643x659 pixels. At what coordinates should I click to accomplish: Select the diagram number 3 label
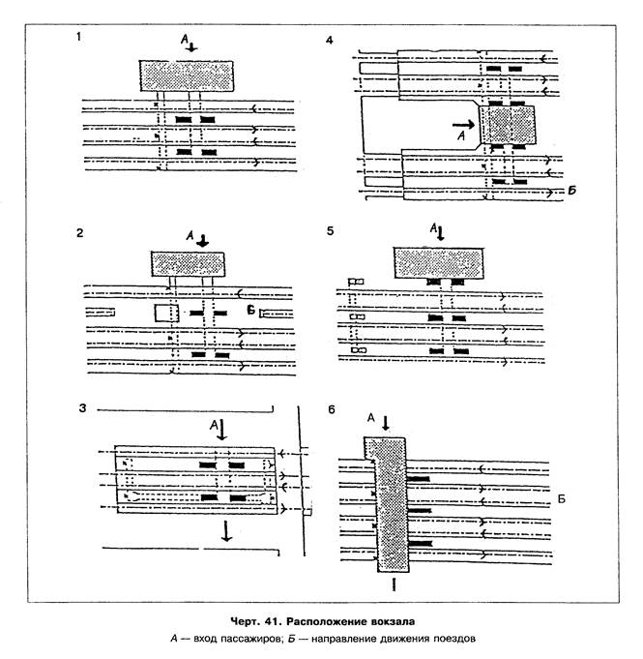(x=84, y=408)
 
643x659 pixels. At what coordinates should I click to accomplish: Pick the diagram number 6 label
(x=332, y=409)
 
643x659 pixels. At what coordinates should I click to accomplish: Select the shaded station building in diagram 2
(x=188, y=263)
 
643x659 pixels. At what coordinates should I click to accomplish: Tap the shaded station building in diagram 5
(x=439, y=261)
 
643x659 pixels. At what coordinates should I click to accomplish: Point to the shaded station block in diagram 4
(x=508, y=124)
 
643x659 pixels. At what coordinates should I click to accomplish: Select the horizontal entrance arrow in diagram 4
(x=463, y=124)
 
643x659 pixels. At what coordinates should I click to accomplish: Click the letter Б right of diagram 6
(x=561, y=499)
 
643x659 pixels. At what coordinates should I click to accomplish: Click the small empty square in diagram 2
(x=161, y=313)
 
